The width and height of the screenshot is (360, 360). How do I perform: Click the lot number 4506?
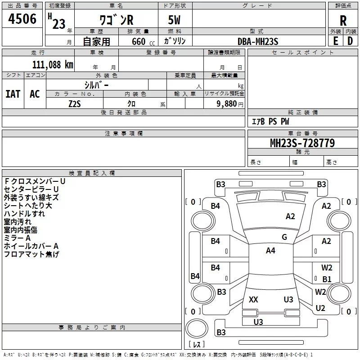22,19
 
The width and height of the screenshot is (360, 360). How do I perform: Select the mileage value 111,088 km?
53,64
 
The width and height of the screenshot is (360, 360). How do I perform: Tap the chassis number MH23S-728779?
302,143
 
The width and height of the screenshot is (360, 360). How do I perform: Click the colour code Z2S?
75,103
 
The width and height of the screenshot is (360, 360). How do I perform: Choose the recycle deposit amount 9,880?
227,103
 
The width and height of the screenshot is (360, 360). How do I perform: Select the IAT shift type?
13,94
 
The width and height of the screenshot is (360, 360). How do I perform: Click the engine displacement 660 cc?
138,41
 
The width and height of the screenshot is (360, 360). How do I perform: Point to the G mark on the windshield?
284,237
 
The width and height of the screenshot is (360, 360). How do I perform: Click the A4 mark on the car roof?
270,251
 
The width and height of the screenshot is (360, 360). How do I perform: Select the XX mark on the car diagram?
253,300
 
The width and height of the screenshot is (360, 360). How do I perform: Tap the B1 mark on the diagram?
327,279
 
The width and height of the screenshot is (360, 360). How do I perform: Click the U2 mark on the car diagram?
320,308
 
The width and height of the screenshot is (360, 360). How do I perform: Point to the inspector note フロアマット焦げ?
31,254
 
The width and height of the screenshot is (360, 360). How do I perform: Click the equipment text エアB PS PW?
270,121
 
